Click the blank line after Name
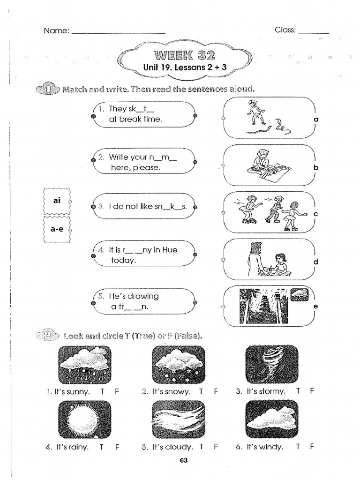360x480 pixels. pos(118,32)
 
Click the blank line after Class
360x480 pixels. pos(313,32)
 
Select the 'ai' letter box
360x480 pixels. pos(57,201)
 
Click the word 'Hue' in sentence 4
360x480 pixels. pos(169,250)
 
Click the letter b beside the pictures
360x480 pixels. pos(316,167)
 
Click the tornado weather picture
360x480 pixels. pos(272,365)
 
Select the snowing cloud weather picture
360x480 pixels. pos(179,365)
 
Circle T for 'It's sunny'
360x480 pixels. pos(102,391)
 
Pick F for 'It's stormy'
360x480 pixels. pos(312,391)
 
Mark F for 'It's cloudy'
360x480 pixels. pos(216,447)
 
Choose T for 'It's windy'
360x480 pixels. pos(298,447)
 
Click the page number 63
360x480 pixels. pos(184,460)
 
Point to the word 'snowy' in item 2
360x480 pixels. pos(178,391)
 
